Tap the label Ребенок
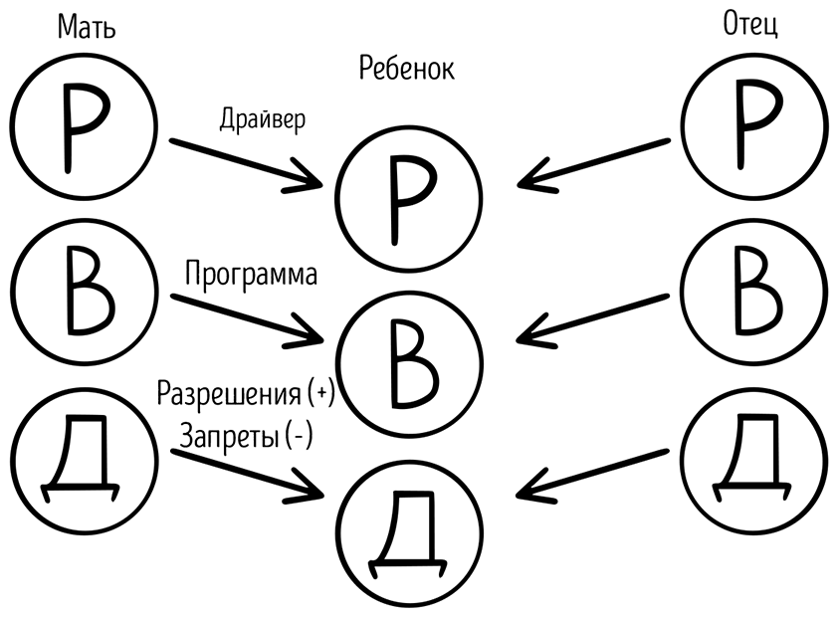click(x=405, y=70)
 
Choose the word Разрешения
click(x=228, y=394)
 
